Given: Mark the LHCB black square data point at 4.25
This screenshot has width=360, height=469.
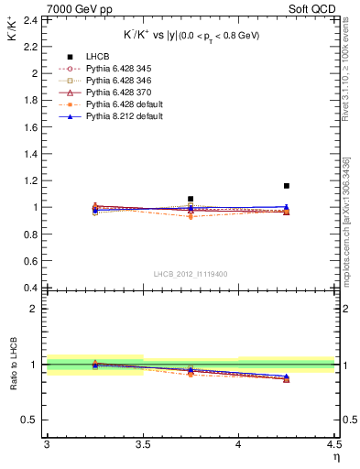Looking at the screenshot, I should click(287, 186).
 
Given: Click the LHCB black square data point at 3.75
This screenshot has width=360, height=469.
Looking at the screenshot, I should click(191, 199).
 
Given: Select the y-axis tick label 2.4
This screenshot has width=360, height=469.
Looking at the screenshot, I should click(29, 19).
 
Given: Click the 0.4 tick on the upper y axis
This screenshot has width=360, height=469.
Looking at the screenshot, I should click(29, 288).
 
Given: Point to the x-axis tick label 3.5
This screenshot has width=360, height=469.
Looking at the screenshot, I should click(142, 445).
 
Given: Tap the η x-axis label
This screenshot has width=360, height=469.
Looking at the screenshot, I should click(335, 457).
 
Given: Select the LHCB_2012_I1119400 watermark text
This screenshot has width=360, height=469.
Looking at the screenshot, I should click(191, 275).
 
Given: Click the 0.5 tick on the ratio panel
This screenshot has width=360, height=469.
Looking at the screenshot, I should click(29, 420).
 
